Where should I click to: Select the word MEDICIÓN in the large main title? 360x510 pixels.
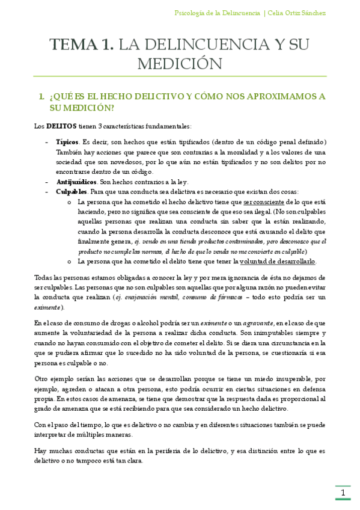point(180,63)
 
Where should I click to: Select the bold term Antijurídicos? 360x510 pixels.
point(76,182)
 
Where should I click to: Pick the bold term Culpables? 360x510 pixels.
point(72,192)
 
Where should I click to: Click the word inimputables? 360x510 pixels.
point(271,333)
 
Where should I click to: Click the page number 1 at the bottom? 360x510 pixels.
point(342,493)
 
